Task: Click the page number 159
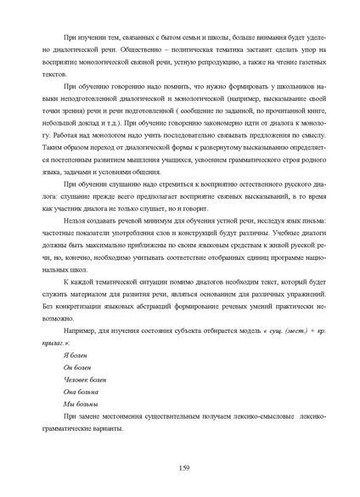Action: (183, 468)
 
